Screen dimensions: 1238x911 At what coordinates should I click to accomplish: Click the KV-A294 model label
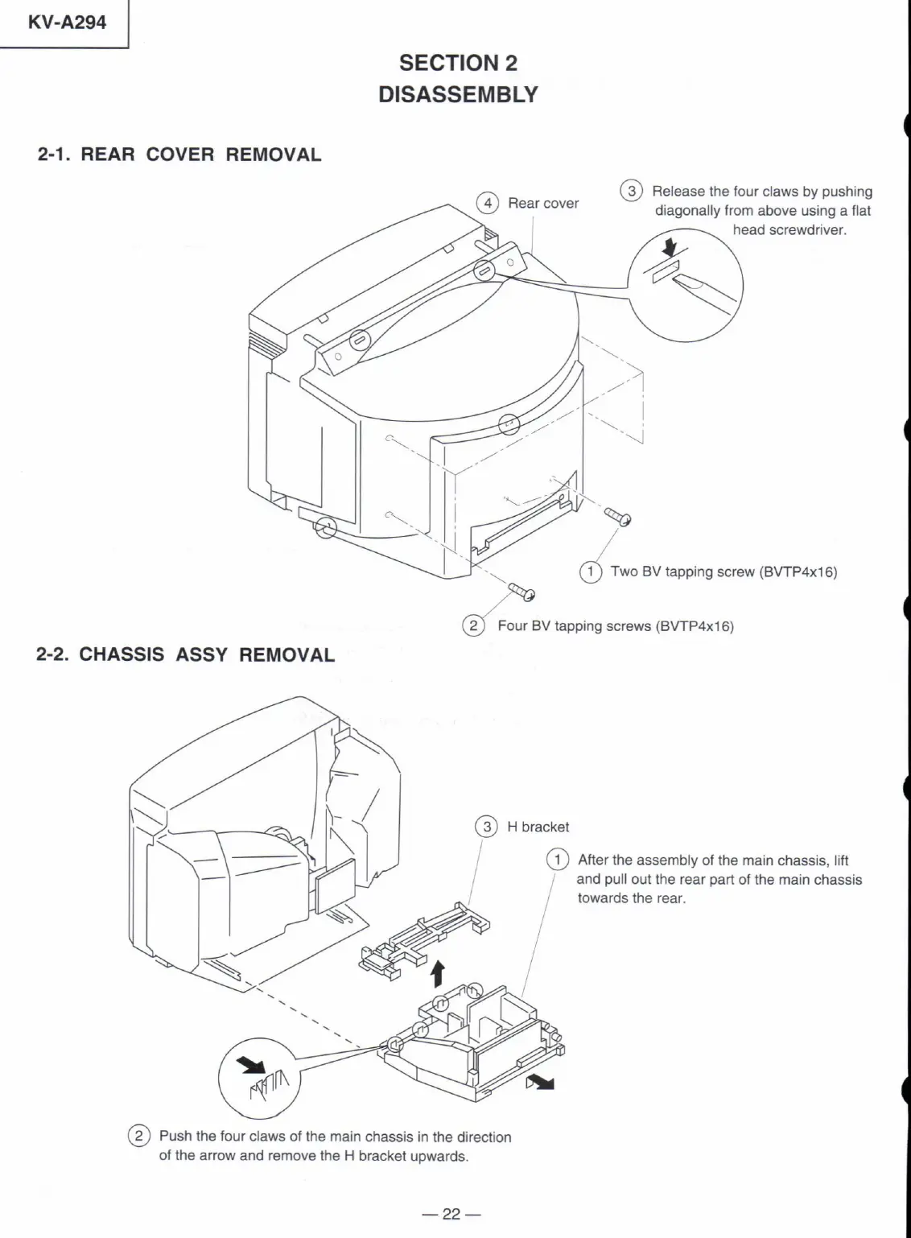tap(66, 23)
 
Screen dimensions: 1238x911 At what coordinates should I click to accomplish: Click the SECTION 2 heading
tap(458, 63)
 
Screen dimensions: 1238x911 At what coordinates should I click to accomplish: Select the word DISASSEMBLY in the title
tap(458, 94)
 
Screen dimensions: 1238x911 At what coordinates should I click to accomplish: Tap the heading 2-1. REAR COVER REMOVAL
tap(179, 155)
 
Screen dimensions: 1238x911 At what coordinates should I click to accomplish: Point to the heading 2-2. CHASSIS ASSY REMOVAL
tap(186, 654)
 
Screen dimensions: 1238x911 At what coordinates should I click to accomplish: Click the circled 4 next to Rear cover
tap(487, 203)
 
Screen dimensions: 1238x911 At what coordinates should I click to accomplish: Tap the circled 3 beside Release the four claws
tap(632, 191)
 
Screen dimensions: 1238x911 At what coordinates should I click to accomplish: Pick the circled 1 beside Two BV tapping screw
tap(591, 572)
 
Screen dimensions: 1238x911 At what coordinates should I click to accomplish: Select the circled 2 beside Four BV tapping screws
tap(473, 625)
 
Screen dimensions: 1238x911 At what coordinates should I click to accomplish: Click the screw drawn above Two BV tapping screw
tap(618, 516)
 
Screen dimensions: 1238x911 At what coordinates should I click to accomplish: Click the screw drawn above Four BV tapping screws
tap(522, 592)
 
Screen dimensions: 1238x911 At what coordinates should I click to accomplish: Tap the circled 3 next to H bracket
tap(486, 827)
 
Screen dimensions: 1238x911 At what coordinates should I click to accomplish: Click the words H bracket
tap(538, 827)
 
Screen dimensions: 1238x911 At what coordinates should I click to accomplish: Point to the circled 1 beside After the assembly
tap(557, 860)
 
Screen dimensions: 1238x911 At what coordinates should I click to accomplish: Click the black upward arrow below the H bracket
tap(437, 972)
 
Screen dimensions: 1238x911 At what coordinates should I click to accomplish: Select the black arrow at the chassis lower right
tap(542, 1082)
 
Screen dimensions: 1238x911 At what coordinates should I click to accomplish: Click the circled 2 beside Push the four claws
tap(139, 1137)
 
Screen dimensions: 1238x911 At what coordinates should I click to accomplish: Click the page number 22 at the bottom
tap(451, 1214)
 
